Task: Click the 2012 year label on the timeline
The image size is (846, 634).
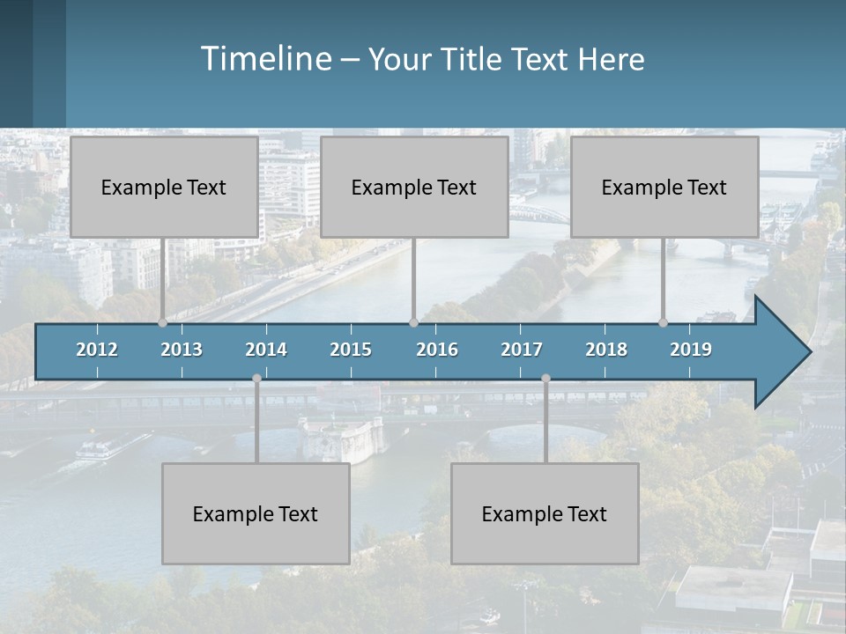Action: (x=97, y=350)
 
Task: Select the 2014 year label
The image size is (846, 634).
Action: (x=266, y=350)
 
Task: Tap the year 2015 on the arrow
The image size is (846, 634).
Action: (x=351, y=350)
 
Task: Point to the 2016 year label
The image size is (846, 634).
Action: (x=437, y=350)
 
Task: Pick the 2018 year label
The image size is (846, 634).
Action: (x=606, y=350)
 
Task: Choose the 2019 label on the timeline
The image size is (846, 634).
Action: (x=691, y=350)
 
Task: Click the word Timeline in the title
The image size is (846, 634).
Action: (x=265, y=59)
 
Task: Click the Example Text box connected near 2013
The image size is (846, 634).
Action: (x=164, y=187)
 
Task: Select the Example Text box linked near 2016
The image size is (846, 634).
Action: (x=414, y=187)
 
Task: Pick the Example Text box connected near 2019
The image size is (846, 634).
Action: (x=664, y=187)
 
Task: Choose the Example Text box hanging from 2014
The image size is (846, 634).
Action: (x=256, y=513)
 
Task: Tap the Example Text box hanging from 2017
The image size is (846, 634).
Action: (x=545, y=513)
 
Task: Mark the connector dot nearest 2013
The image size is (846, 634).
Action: (x=163, y=323)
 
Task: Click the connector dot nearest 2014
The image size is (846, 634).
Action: (x=256, y=379)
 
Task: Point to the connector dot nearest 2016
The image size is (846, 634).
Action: (x=413, y=323)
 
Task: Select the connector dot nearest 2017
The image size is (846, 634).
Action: (x=545, y=379)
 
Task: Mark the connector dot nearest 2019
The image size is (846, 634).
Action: (x=664, y=323)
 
